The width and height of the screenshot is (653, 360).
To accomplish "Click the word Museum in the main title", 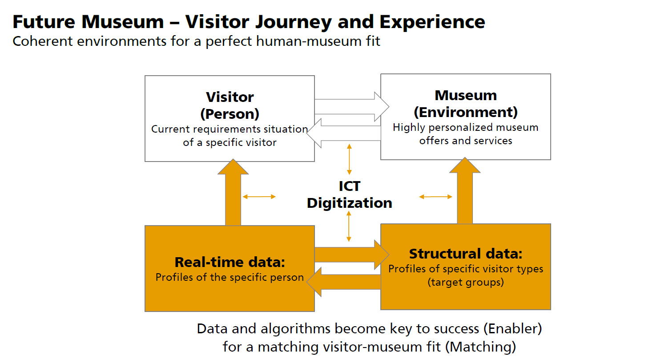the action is pos(122,22).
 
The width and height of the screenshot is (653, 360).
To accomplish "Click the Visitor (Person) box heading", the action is pos(230,105).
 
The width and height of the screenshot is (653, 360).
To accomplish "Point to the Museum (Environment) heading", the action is pos(466,104).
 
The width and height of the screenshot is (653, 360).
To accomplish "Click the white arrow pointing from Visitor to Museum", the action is pos(352,107).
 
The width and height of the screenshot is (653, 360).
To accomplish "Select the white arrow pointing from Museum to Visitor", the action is pos(344,133).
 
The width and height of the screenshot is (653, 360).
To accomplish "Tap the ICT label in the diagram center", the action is pos(350,186).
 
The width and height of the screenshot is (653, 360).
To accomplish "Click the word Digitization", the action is pos(350,203).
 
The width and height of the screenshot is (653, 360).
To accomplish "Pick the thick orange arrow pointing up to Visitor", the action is pos(233,192).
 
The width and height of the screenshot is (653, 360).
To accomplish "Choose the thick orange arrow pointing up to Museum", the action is pos(465,191).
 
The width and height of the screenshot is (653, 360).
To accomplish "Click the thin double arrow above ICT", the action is pos(349,159).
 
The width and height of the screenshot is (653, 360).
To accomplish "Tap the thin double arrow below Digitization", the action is pos(349,227).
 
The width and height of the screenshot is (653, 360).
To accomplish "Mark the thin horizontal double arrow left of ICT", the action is pos(259,197).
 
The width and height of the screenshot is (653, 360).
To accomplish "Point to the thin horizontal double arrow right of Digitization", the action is pos(435,197).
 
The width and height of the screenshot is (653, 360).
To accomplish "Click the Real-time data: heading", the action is pos(230,262).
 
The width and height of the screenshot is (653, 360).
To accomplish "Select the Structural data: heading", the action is pos(466,254).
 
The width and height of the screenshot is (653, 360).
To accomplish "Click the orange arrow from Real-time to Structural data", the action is pos(352,255).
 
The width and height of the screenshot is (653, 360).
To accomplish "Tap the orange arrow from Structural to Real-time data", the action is pos(344,282).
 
